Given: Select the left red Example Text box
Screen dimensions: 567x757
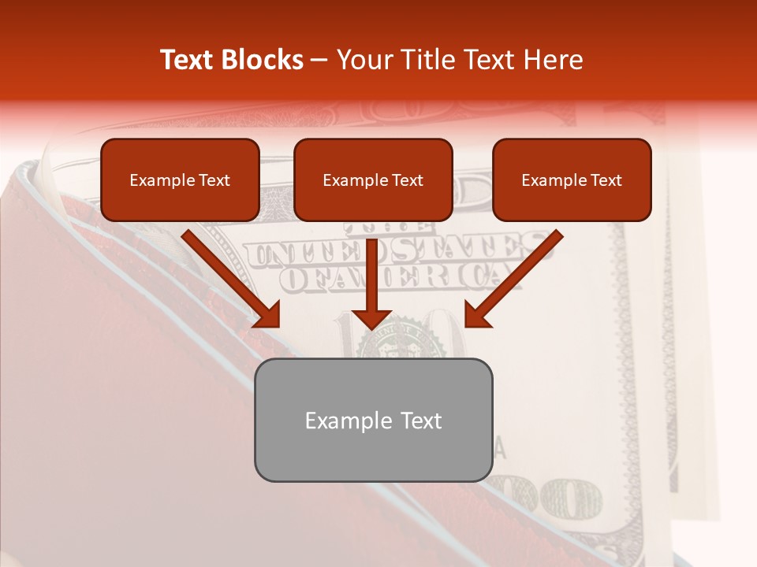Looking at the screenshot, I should [x=180, y=180].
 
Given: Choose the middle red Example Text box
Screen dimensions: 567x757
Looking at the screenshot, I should [x=373, y=180].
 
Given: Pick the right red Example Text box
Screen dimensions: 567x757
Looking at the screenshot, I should [x=572, y=180].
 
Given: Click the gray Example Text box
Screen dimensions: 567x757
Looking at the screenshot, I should [x=373, y=420].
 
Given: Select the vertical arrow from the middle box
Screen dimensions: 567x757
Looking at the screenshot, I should [x=371, y=280].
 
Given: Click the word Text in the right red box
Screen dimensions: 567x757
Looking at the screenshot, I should [x=606, y=180].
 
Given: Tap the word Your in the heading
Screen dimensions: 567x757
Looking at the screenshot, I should [x=360, y=60].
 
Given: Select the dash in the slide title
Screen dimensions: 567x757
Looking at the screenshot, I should [x=319, y=61].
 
